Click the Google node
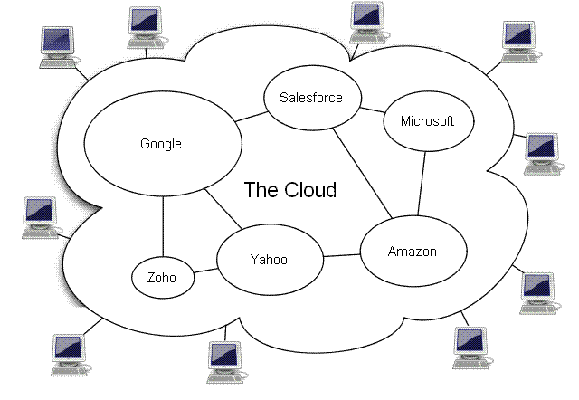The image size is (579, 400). pos(162,144)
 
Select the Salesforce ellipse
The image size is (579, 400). pos(310,98)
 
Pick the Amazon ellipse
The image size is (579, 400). pos(413,251)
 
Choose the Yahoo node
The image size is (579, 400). pos(269,261)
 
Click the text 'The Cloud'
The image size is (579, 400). pos(290,190)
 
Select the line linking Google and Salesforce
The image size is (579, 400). pos(251,117)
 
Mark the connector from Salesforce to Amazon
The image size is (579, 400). pos(361,172)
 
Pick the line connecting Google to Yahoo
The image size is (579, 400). pos(223,210)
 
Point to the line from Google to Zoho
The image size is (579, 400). pos(163,226)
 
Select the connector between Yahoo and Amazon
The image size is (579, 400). pos(342,255)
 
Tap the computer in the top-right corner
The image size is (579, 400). pos(522,39)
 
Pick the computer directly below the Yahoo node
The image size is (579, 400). pos(223,361)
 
